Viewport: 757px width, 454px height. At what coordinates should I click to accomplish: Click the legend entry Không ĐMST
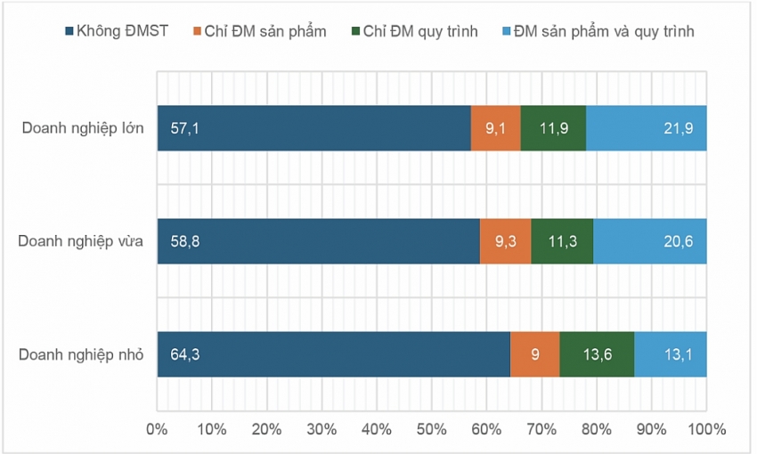pyautogui.click(x=123, y=31)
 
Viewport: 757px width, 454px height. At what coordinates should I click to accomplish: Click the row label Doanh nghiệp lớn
pyautogui.click(x=83, y=128)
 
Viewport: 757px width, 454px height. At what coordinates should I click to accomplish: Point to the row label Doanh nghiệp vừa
pyautogui.click(x=80, y=241)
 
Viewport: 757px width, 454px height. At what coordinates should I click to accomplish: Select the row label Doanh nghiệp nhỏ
pyautogui.click(x=81, y=354)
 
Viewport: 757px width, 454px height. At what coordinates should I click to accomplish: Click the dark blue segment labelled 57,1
pyautogui.click(x=313, y=128)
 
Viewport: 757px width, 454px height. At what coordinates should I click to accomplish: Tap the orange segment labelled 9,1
pyautogui.click(x=495, y=128)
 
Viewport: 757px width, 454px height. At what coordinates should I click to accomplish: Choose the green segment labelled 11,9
pyautogui.click(x=553, y=128)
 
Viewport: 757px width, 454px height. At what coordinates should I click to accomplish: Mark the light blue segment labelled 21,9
pyautogui.click(x=647, y=128)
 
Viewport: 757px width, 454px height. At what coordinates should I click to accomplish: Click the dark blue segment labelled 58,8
pyautogui.click(x=318, y=241)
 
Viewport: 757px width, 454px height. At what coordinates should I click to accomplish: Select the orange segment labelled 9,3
pyautogui.click(x=505, y=241)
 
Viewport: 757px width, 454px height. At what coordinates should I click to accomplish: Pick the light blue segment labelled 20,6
pyautogui.click(x=650, y=241)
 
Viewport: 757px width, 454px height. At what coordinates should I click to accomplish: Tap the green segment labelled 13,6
pyautogui.click(x=597, y=354)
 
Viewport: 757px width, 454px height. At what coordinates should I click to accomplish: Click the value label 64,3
pyautogui.click(x=185, y=354)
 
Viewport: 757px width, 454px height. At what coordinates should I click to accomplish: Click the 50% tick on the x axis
pyautogui.click(x=432, y=429)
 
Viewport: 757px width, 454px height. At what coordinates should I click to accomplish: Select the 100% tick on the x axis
pyautogui.click(x=707, y=429)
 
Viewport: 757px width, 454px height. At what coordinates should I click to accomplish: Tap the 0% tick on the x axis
pyautogui.click(x=158, y=429)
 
